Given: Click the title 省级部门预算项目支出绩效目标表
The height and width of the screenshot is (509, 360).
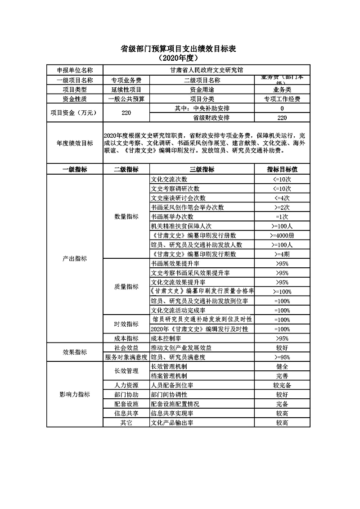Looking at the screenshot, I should (x=179, y=49).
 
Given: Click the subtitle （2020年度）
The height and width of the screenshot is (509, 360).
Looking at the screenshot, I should (x=179, y=58).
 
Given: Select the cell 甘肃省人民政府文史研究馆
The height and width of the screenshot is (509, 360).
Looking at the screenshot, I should (x=207, y=70).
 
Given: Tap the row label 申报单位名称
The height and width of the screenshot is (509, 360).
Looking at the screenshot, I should (x=75, y=70).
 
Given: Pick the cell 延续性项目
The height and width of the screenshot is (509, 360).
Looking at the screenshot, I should (x=126, y=90).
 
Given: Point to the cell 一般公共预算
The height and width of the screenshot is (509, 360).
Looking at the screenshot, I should (x=126, y=99).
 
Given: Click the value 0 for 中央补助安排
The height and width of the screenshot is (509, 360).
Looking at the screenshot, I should (x=282, y=108).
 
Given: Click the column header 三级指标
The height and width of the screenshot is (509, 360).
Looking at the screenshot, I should (x=202, y=170).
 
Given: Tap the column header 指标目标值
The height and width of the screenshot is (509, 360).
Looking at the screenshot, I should (x=282, y=170).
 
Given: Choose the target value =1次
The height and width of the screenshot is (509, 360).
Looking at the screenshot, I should (x=282, y=217).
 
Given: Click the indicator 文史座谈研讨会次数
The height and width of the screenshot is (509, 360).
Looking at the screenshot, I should (x=178, y=198).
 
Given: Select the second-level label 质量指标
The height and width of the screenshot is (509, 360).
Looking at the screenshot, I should (x=126, y=287).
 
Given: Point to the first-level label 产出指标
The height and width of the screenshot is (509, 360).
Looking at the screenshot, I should (x=75, y=259).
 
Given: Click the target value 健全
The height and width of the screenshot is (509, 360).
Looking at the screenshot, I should (x=282, y=367).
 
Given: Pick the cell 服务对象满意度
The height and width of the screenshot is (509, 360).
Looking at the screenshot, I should (x=126, y=357).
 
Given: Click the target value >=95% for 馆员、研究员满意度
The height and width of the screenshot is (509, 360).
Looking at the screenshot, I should (x=282, y=357).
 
